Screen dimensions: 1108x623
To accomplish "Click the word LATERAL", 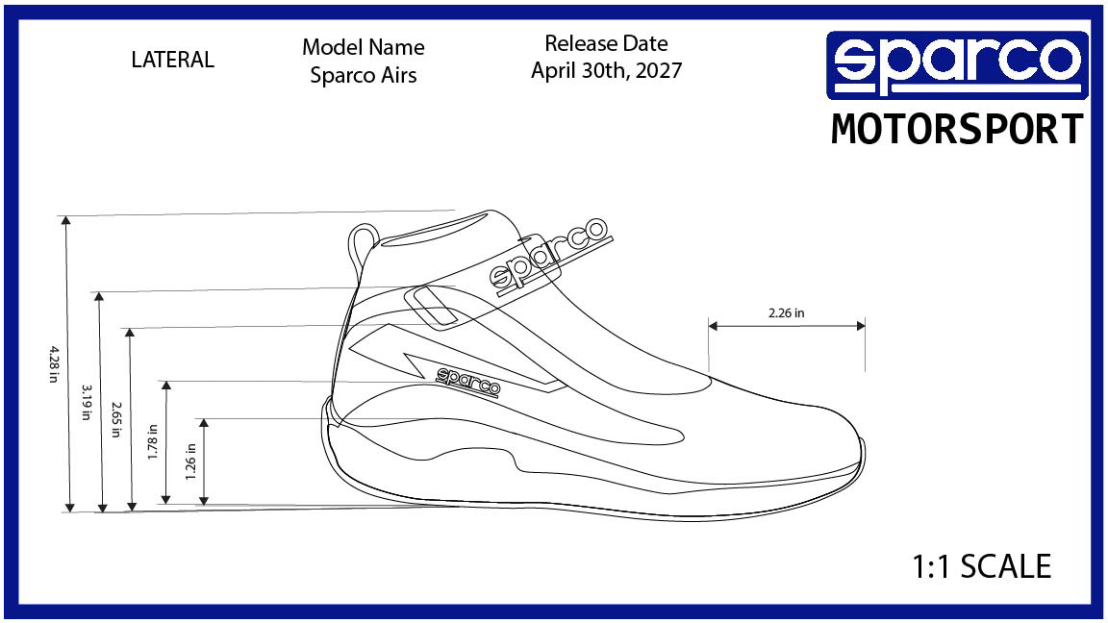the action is [x=172, y=60].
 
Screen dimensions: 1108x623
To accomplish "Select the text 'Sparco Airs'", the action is [x=364, y=76].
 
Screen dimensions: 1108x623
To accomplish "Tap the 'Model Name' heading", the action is [x=364, y=47].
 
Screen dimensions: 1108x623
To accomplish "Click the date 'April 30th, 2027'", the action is [x=606, y=71].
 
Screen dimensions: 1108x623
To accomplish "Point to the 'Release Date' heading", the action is [x=606, y=43].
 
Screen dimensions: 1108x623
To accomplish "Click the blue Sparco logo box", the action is [x=957, y=64].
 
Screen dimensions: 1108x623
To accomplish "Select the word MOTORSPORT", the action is [x=957, y=129].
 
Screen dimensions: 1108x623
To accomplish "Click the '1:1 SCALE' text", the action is [x=981, y=566].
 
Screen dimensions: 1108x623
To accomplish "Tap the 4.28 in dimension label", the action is [x=53, y=362].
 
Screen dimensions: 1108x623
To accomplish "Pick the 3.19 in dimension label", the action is [x=87, y=402].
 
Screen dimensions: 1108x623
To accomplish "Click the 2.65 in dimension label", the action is [x=115, y=419].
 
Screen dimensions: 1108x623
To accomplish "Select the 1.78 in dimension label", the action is [x=152, y=443].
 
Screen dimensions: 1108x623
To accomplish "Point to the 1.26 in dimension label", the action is [x=190, y=461].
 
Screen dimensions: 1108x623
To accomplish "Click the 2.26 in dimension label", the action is [x=786, y=312].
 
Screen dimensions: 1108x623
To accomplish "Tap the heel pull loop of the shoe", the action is [x=363, y=237].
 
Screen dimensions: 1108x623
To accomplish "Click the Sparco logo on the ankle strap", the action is [x=548, y=254].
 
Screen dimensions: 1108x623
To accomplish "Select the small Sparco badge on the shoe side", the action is [x=469, y=382].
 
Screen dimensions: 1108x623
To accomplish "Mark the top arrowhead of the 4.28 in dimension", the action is [x=66, y=221].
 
